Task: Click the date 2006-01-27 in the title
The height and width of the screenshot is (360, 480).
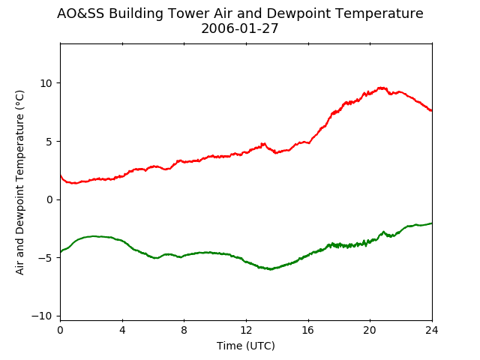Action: pyautogui.click(x=240, y=28)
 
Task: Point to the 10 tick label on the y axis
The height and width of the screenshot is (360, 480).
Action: pyautogui.click(x=46, y=83)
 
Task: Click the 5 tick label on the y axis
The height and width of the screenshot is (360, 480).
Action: pyautogui.click(x=49, y=142)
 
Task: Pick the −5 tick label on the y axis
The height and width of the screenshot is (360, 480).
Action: pyautogui.click(x=45, y=258)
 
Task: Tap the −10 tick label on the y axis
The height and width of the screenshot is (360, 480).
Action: pyautogui.click(x=42, y=316)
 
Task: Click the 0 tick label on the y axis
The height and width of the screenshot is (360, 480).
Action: pyautogui.click(x=49, y=199)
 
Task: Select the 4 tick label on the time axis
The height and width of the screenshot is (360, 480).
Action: pyautogui.click(x=122, y=330)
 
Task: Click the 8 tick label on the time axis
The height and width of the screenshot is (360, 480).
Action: pyautogui.click(x=184, y=330)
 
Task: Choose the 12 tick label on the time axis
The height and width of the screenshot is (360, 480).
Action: pyautogui.click(x=246, y=330)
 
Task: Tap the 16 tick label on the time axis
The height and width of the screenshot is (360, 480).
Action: pyautogui.click(x=308, y=330)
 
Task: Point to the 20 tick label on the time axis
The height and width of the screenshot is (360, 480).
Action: pyautogui.click(x=370, y=330)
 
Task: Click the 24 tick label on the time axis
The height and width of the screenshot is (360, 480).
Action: pyautogui.click(x=432, y=330)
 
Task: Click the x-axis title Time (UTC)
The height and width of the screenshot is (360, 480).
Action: pyautogui.click(x=246, y=346)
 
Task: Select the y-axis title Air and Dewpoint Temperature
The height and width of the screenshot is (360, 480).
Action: pyautogui.click(x=19, y=182)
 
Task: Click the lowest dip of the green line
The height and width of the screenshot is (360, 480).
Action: pyautogui.click(x=271, y=269)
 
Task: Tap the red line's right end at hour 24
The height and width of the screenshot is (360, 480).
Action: pyautogui.click(x=432, y=110)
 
